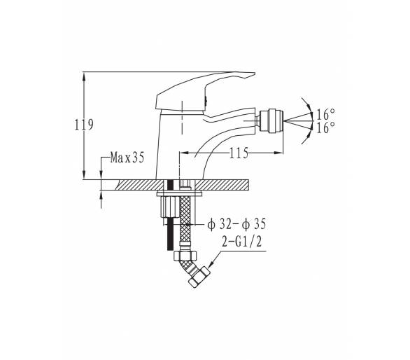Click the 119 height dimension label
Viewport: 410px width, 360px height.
point(84,125)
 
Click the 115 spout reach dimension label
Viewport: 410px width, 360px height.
point(239,153)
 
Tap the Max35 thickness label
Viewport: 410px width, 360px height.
point(127,158)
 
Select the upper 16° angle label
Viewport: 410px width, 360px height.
point(326,114)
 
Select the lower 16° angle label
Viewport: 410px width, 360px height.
point(326,127)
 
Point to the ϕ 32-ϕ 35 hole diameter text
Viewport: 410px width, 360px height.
point(236,224)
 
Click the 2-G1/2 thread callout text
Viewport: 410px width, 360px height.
point(241,242)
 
